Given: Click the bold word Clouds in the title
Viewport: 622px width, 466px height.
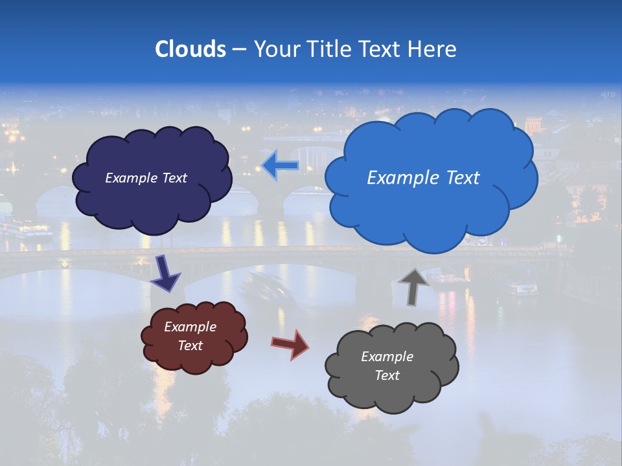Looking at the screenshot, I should (190, 49).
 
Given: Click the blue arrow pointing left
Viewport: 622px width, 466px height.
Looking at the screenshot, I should (281, 166).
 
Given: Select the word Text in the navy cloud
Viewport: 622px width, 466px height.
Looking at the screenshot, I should (173, 178).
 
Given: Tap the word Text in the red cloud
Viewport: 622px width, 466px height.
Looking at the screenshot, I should (190, 346).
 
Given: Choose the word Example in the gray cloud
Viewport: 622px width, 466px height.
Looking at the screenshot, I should (387, 357).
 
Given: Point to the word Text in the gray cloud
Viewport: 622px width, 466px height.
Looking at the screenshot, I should (387, 375).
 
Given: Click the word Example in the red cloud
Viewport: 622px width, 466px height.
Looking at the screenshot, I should (190, 327).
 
